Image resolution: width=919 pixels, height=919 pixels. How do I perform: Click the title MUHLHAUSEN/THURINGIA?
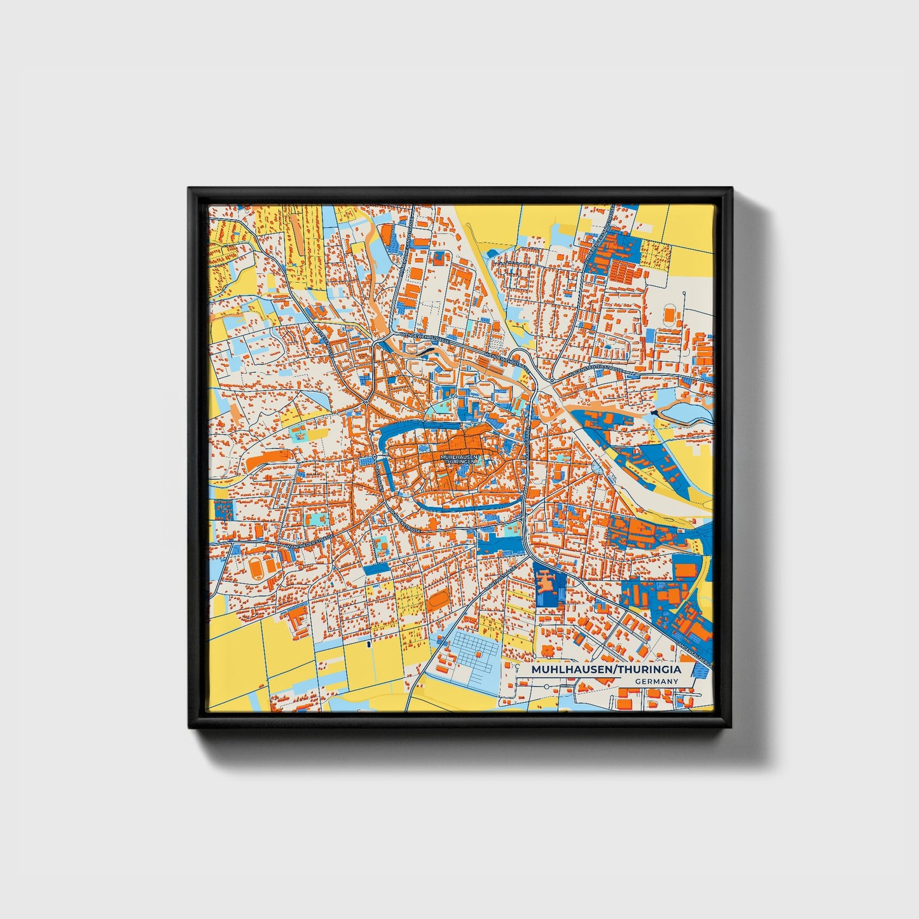tap(605, 670)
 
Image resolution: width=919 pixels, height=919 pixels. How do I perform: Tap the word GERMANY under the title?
tap(656, 681)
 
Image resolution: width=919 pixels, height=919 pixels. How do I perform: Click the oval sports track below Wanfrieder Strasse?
tap(256, 567)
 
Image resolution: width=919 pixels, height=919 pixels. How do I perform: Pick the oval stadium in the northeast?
tap(670, 314)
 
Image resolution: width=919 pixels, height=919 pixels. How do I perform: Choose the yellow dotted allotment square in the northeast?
tap(655, 254)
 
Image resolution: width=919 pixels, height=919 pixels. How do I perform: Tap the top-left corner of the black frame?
tap(190, 189)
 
